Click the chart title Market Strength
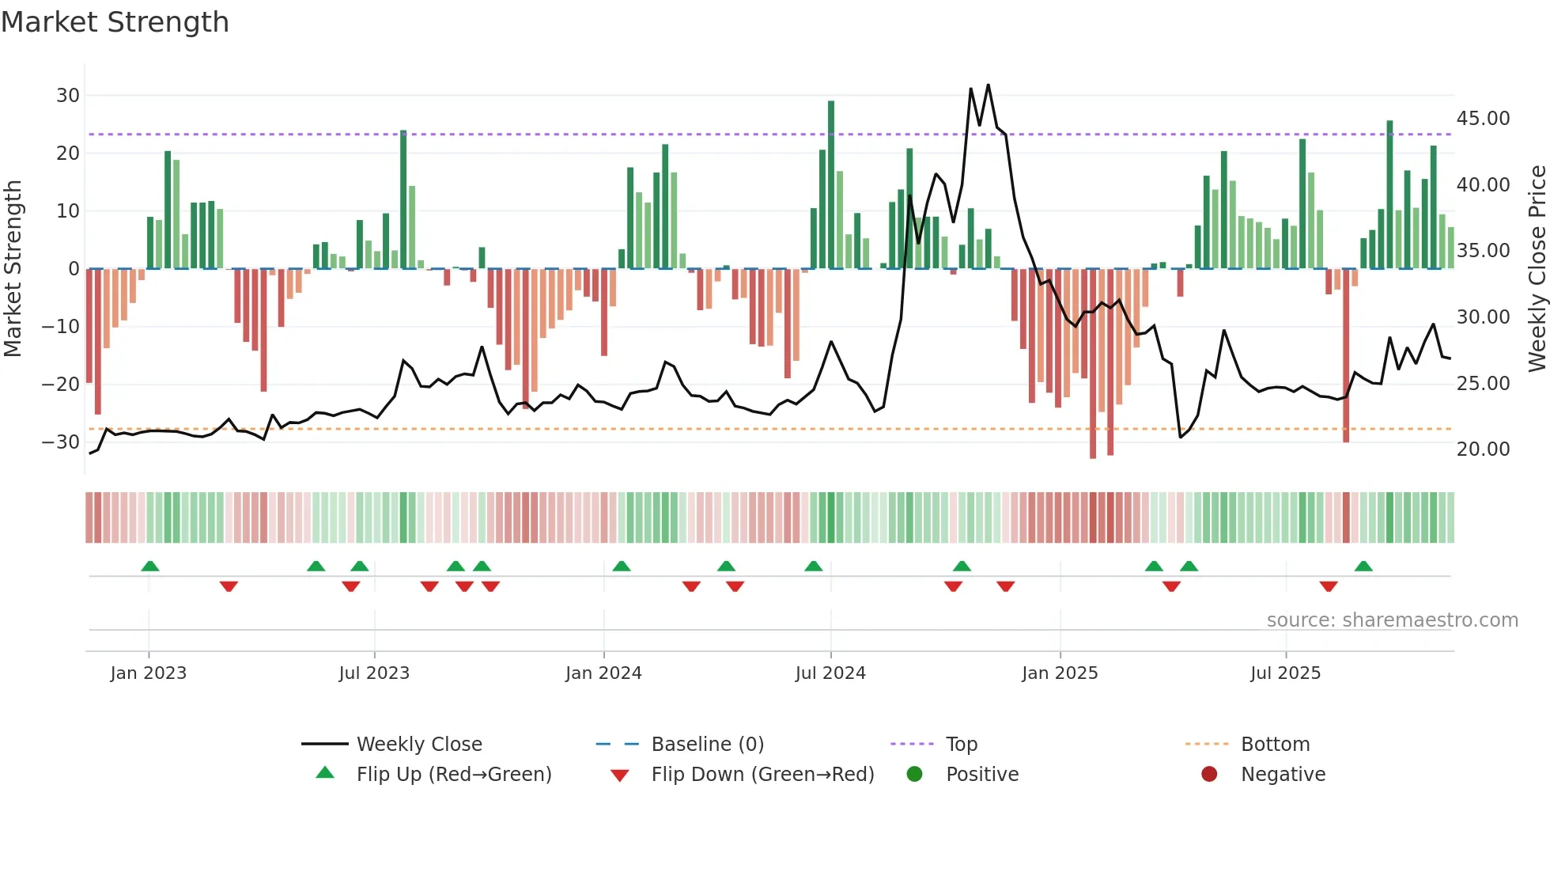[x=115, y=22]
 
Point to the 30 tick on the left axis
[x=68, y=96]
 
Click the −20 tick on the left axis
[x=61, y=385]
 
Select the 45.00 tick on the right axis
[x=1483, y=119]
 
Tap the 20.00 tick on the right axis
[x=1483, y=449]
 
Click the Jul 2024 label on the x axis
[x=830, y=673]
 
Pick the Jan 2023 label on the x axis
[x=149, y=673]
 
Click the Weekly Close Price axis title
[x=1537, y=269]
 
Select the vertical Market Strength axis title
[x=13, y=269]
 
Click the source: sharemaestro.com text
[x=1392, y=620]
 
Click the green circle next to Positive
[x=915, y=775]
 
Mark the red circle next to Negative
[x=1209, y=775]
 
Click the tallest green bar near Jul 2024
[x=831, y=184]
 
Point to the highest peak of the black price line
[x=989, y=85]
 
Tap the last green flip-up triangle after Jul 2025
[x=1363, y=566]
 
